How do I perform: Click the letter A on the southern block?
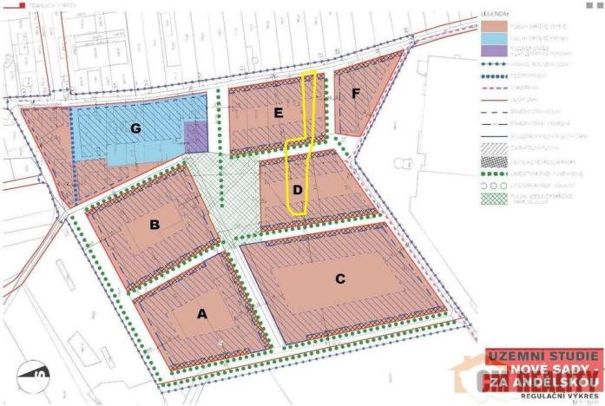coord(203,315)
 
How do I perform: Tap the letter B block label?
coord(155,226)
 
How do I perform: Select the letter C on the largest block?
coord(340,278)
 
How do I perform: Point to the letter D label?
coord(297,189)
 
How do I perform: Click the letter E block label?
coord(278,112)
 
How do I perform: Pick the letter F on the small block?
coord(356,92)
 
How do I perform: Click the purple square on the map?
coord(197,136)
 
